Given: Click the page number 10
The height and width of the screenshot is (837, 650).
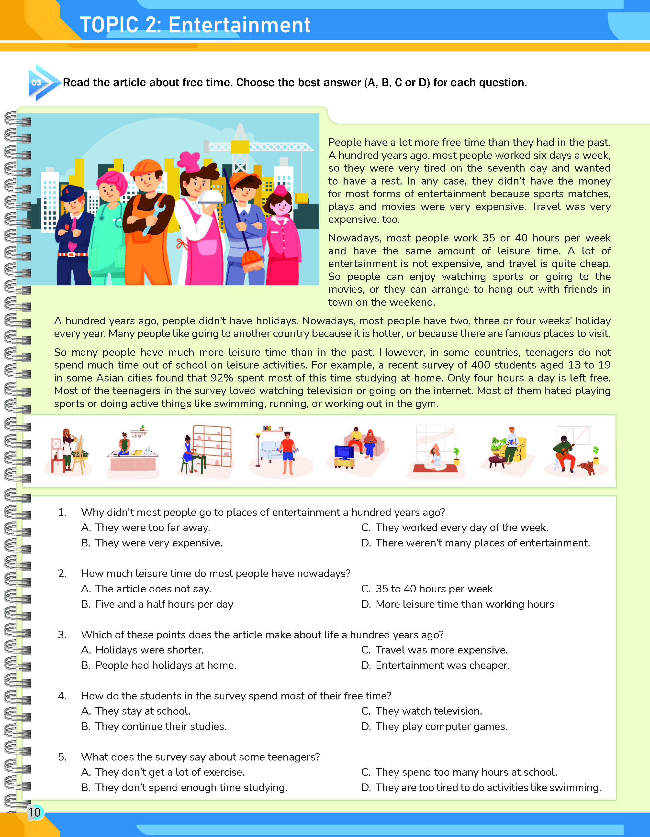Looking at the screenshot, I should point(34,812).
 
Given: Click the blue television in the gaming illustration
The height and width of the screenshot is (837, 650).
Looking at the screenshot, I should point(344,452).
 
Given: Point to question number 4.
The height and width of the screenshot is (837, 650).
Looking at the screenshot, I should point(62,696).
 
